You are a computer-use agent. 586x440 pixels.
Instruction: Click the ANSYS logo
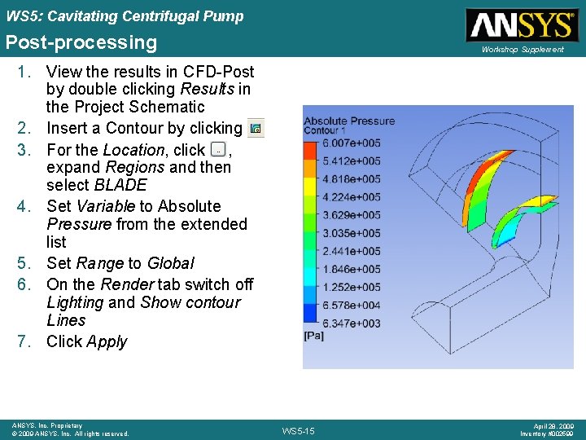point(520,24)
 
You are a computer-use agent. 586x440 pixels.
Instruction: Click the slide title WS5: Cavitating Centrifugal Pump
point(125,15)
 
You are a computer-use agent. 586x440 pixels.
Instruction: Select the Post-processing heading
point(81,42)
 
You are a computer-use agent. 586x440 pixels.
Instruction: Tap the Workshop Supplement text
point(522,50)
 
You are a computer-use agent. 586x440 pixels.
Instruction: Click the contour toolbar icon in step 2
point(256,128)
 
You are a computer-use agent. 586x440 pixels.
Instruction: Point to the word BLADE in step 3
point(120,185)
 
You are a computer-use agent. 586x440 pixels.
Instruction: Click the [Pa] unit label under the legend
point(313,335)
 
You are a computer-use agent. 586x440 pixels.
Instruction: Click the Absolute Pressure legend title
point(349,121)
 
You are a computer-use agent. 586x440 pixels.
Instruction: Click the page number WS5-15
point(299,429)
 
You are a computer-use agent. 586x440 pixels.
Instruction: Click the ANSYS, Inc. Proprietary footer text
point(47,425)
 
